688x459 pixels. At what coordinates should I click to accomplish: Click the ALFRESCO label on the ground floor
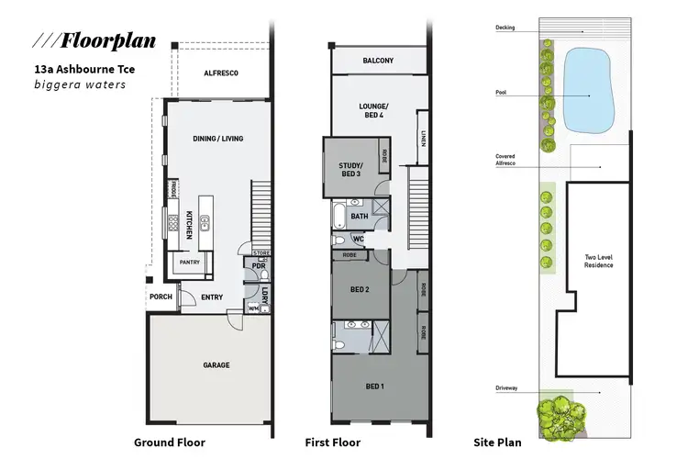[x=221, y=72]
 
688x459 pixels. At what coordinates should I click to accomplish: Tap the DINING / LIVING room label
[x=217, y=139]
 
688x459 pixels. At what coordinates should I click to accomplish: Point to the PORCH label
[x=161, y=297]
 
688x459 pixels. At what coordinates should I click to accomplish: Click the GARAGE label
[x=216, y=364]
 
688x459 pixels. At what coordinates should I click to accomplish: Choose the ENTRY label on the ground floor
[x=212, y=297]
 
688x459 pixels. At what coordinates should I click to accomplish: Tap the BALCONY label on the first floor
[x=378, y=61]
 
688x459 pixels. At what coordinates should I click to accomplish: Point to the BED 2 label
[x=360, y=289]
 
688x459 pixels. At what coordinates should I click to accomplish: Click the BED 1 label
[x=375, y=386]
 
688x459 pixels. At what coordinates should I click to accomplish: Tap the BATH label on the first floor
[x=359, y=217]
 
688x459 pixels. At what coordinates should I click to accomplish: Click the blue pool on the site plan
[x=587, y=90]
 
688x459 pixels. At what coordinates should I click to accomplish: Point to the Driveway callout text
[x=505, y=388]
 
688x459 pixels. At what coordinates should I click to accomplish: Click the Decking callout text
[x=505, y=28]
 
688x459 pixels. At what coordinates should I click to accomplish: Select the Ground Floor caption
[x=170, y=442]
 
